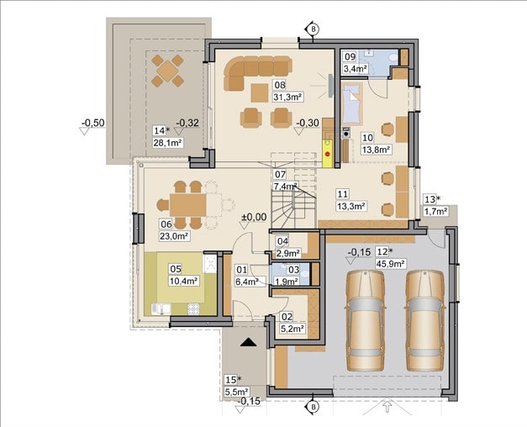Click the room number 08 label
280,85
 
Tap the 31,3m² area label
288,97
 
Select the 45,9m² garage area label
390,263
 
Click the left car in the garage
365,320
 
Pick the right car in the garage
425,320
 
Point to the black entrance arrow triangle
249,342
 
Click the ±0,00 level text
254,217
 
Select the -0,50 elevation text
93,123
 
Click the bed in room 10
352,104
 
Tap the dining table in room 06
188,205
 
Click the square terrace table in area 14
167,71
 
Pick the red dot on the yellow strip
328,155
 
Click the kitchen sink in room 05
161,309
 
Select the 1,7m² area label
435,211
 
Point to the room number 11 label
343,194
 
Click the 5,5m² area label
237,392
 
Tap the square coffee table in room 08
260,92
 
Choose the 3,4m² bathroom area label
355,69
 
